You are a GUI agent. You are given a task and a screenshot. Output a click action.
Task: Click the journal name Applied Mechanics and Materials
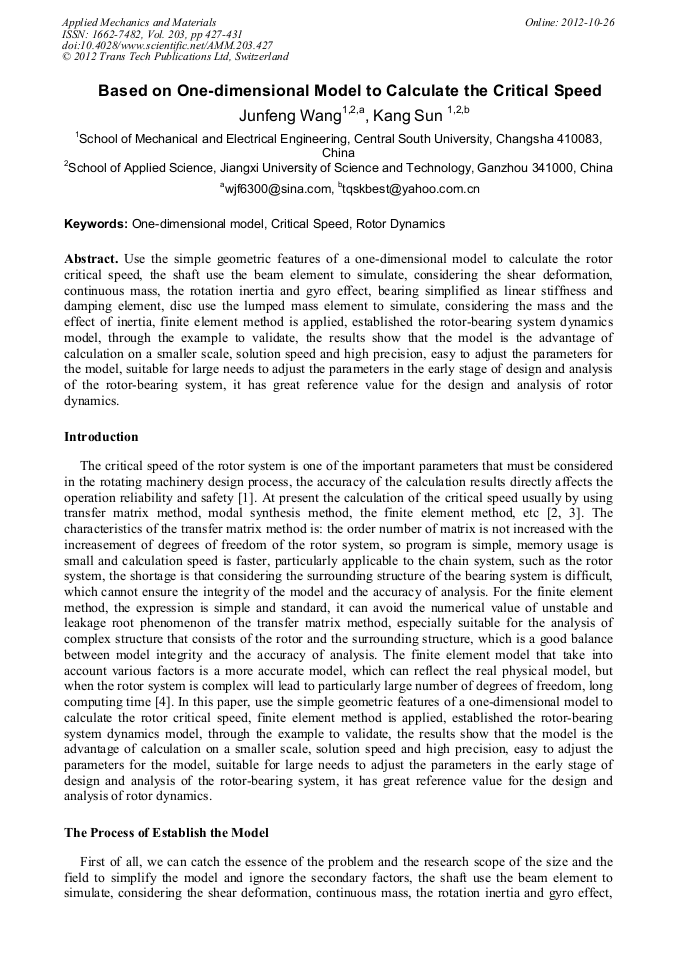tap(139, 22)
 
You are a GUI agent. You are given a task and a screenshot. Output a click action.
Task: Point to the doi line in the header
tap(166, 46)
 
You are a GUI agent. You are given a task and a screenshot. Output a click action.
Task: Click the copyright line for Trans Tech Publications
tap(175, 58)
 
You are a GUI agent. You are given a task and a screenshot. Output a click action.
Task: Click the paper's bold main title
tap(349, 91)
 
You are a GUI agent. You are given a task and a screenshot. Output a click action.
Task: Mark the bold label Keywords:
tap(96, 224)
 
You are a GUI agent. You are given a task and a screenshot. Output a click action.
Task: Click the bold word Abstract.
tap(92, 258)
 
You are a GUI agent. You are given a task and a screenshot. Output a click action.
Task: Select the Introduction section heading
tap(101, 437)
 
